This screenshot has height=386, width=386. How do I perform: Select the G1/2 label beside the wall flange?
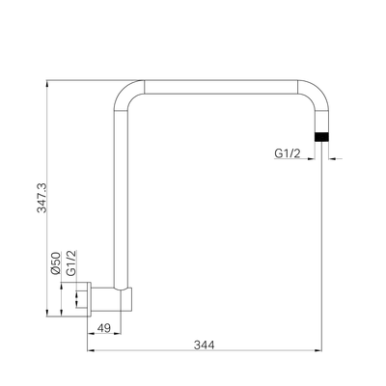point(70,263)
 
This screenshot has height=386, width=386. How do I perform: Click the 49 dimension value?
point(103,329)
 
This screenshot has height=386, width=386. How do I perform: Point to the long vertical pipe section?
point(122,193)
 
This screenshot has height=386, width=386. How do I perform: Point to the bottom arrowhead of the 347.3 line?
point(44,315)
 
